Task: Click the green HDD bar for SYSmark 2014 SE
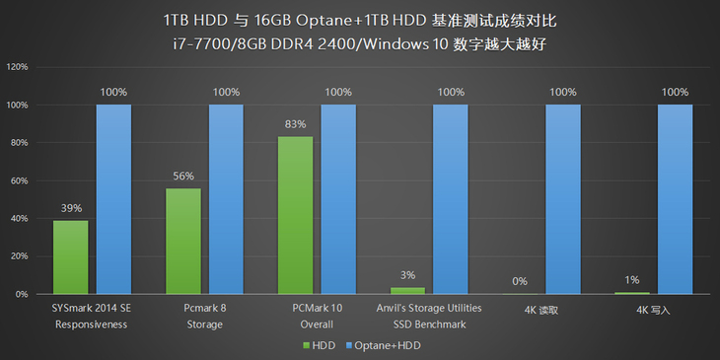click(x=70, y=256)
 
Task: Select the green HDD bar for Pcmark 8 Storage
click(x=182, y=241)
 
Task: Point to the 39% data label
click(x=70, y=209)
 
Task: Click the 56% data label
click(x=182, y=177)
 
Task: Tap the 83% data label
click(x=295, y=125)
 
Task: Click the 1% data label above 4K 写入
click(x=631, y=280)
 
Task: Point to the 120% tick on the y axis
click(x=17, y=67)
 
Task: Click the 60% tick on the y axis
click(x=19, y=180)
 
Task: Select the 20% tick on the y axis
click(x=19, y=256)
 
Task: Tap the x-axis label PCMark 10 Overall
click(x=317, y=316)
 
